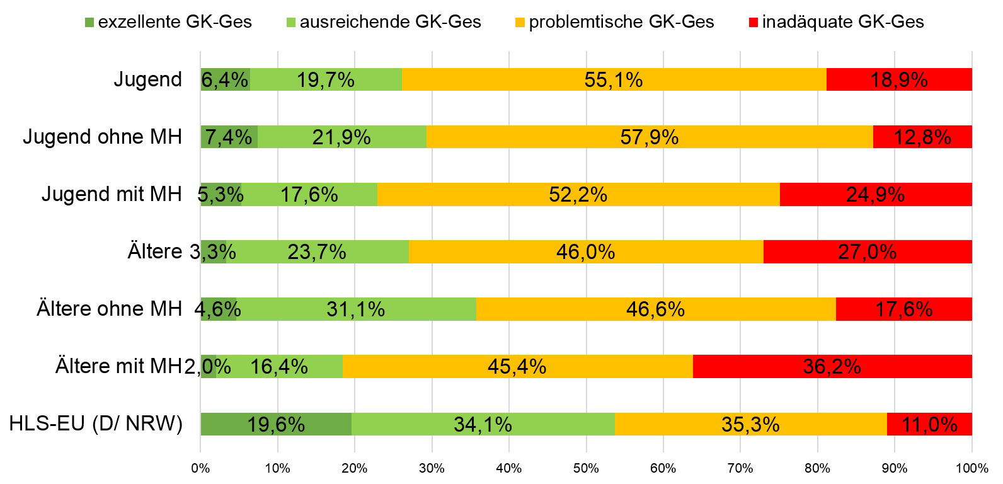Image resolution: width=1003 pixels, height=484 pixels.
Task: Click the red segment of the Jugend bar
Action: click(899, 79)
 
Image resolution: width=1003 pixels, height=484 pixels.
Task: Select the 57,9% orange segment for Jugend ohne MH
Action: click(650, 137)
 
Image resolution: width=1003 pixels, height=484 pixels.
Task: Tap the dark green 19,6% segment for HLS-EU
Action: click(276, 424)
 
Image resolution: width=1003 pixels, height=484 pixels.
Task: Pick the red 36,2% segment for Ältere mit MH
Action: click(832, 366)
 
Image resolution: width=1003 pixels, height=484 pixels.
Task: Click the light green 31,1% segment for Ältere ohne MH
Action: click(355, 309)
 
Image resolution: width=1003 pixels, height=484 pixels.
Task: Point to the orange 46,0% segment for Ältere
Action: click(585, 252)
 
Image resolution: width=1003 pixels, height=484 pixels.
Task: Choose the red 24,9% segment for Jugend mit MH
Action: click(875, 194)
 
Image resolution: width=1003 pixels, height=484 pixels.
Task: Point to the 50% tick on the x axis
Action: click(586, 468)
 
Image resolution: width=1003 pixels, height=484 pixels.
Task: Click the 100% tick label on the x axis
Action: click(971, 468)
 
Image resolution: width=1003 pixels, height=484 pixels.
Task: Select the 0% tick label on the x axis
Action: click(200, 468)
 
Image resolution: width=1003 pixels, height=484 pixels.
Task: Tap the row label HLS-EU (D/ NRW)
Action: click(96, 424)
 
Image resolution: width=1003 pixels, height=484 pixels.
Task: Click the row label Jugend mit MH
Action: click(112, 194)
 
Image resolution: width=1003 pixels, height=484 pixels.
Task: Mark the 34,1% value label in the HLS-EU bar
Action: click(483, 424)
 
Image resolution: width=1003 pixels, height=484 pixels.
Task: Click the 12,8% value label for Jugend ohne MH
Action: click(922, 137)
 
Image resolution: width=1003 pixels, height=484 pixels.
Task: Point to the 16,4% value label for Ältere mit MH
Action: click(278, 366)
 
